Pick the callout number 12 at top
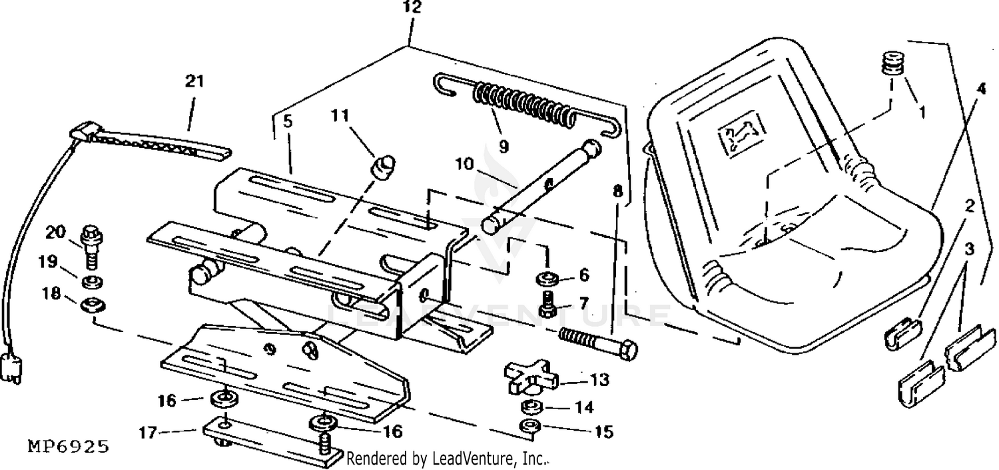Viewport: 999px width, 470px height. tap(412, 9)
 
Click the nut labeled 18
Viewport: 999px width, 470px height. tap(92, 305)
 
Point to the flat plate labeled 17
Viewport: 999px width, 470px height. tap(266, 441)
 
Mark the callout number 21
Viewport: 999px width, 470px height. tap(194, 83)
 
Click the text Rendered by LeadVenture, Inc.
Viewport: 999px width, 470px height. tap(448, 459)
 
